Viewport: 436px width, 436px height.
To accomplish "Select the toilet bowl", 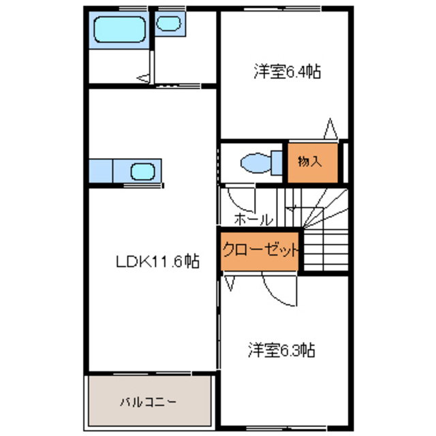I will coord(255,162).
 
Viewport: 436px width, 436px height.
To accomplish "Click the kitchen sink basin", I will coord(144,170).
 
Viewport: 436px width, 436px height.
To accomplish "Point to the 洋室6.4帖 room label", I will coord(287,71).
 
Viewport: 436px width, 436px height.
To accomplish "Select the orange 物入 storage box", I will coord(310,162).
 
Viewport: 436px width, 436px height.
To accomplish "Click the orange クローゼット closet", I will coord(260,250).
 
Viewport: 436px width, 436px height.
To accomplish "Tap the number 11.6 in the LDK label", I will coord(166,261).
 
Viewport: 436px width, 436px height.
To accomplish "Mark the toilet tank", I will coord(277,162).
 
